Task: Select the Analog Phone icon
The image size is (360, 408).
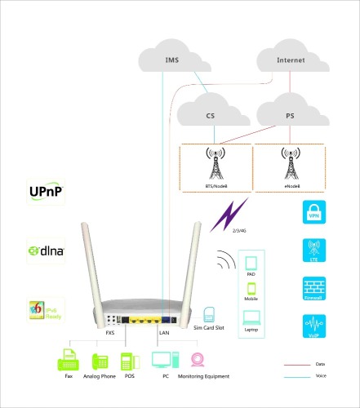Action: (x=101, y=361)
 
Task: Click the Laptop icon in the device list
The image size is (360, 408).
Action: (x=251, y=318)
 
